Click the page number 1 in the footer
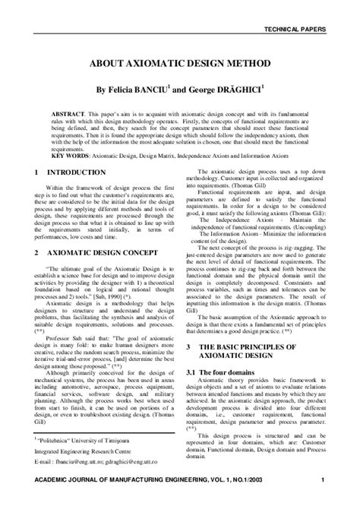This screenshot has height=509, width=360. tap(323, 500)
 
